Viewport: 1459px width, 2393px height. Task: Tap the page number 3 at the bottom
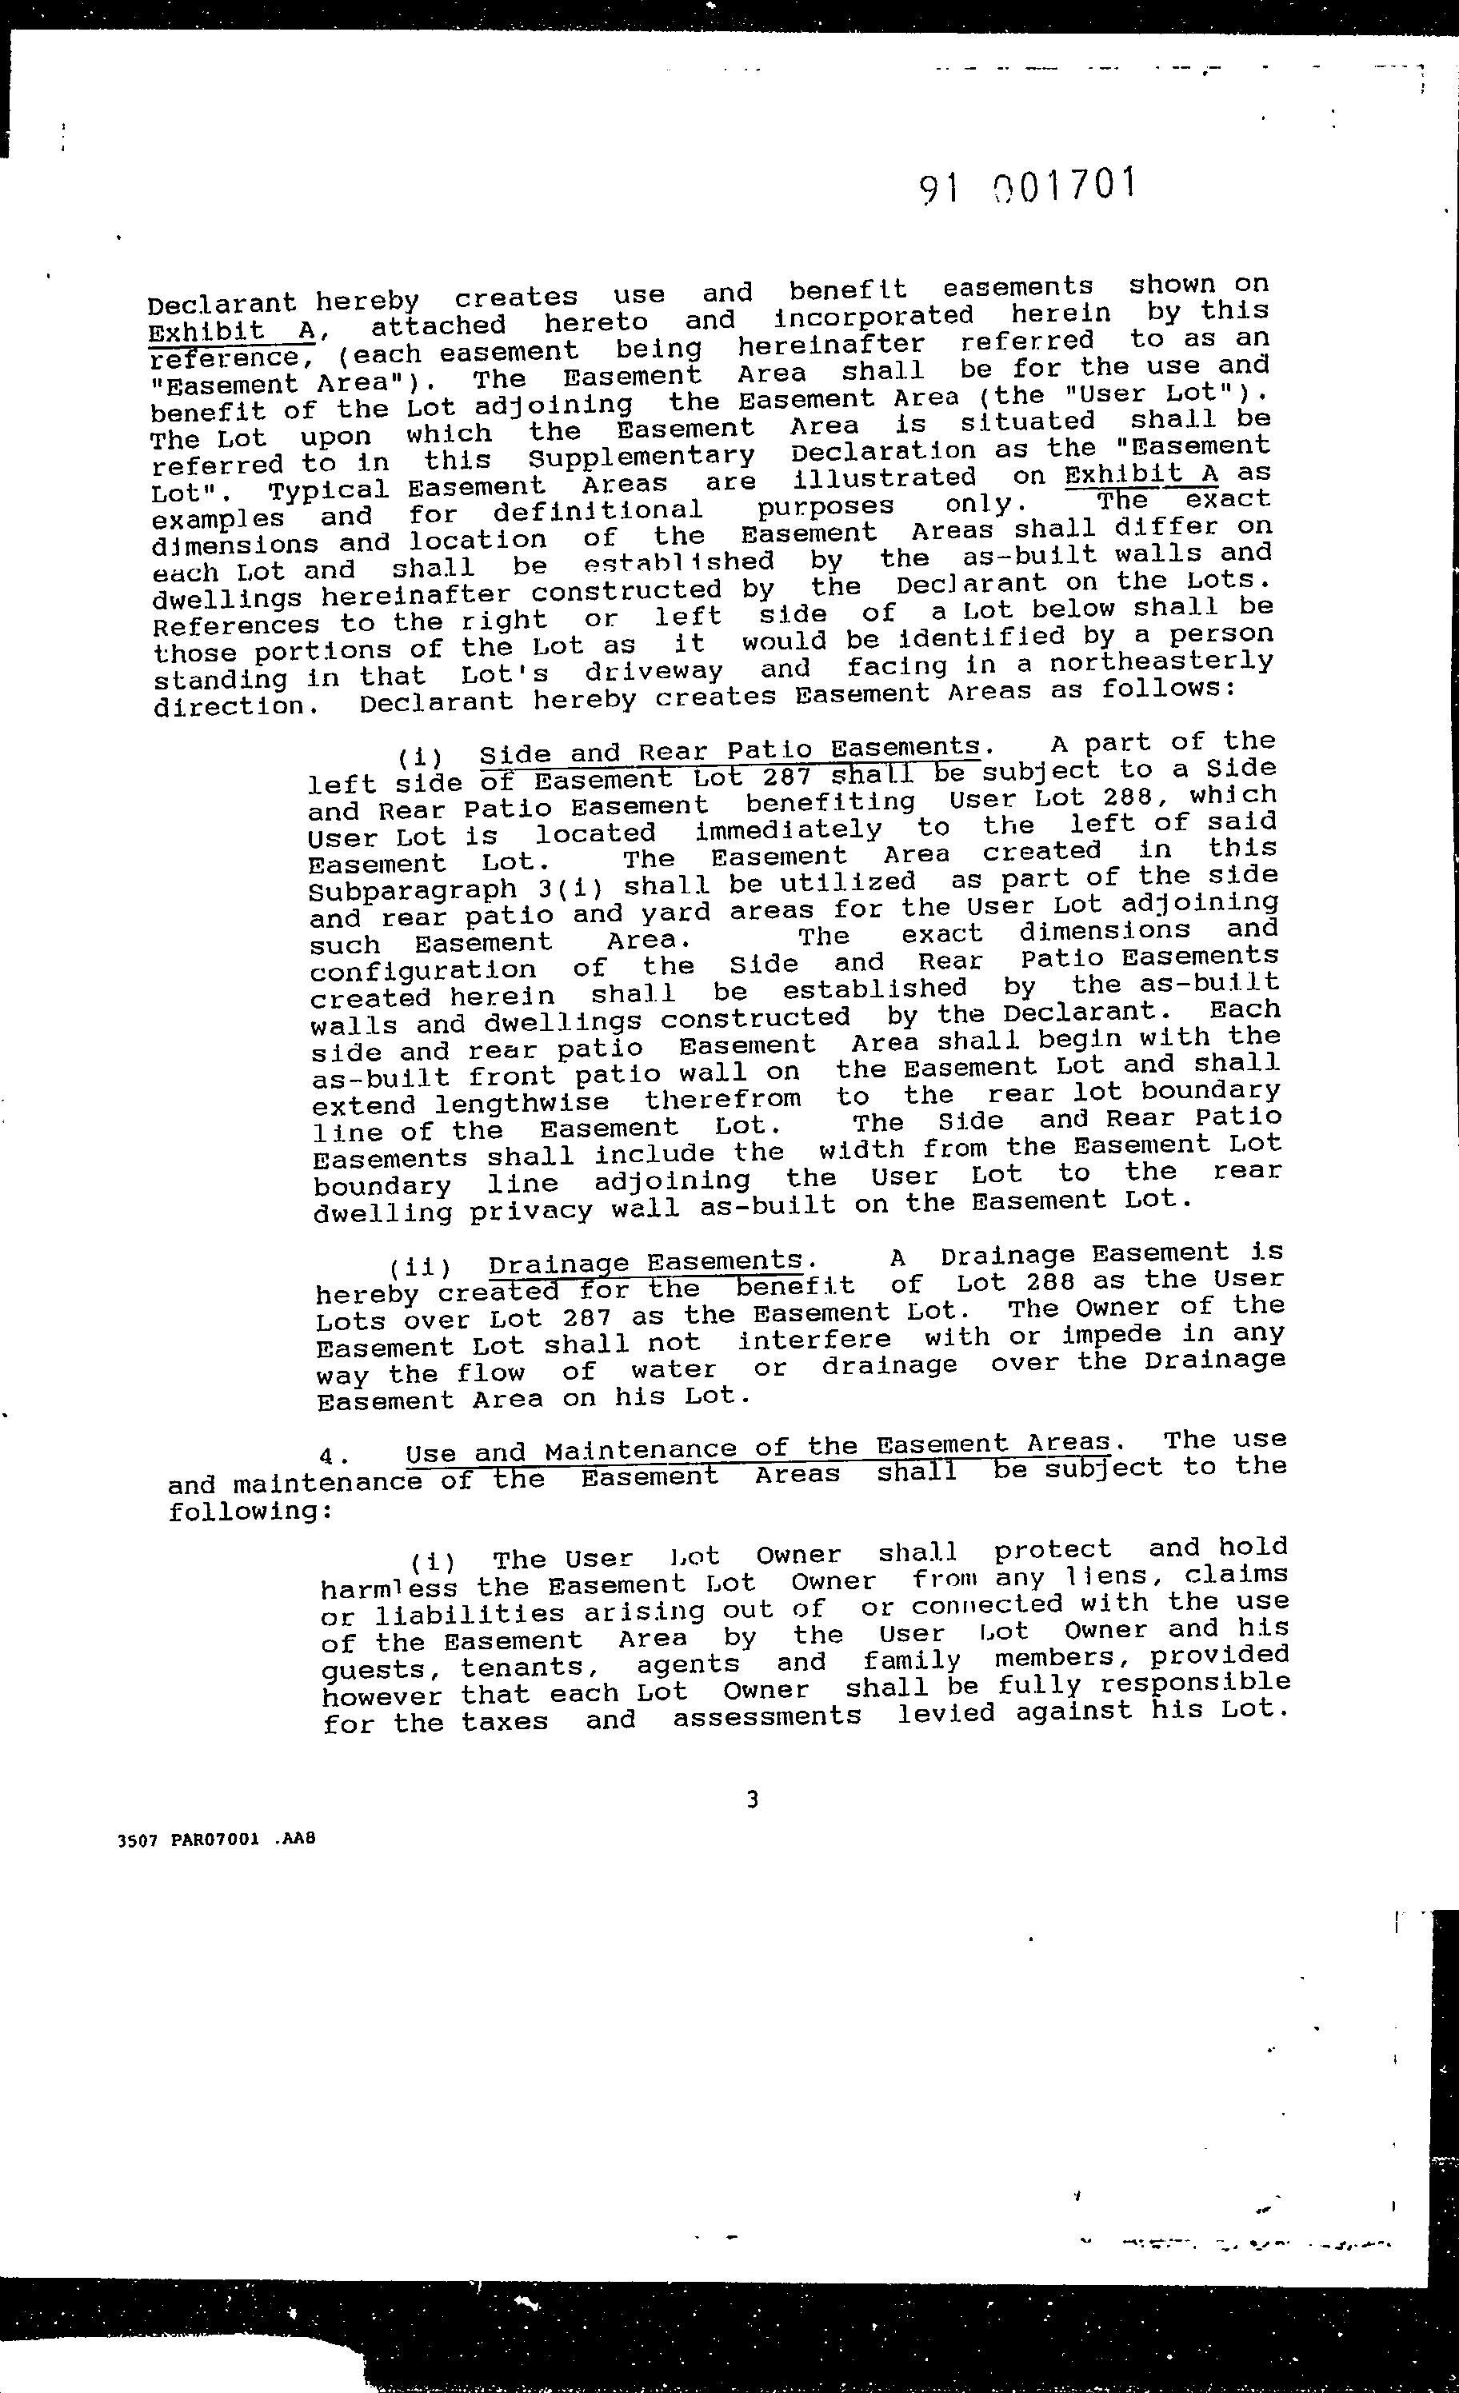(x=752, y=1800)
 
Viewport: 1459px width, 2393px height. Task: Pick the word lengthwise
(x=522, y=1103)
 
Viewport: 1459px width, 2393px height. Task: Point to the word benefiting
(x=830, y=802)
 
